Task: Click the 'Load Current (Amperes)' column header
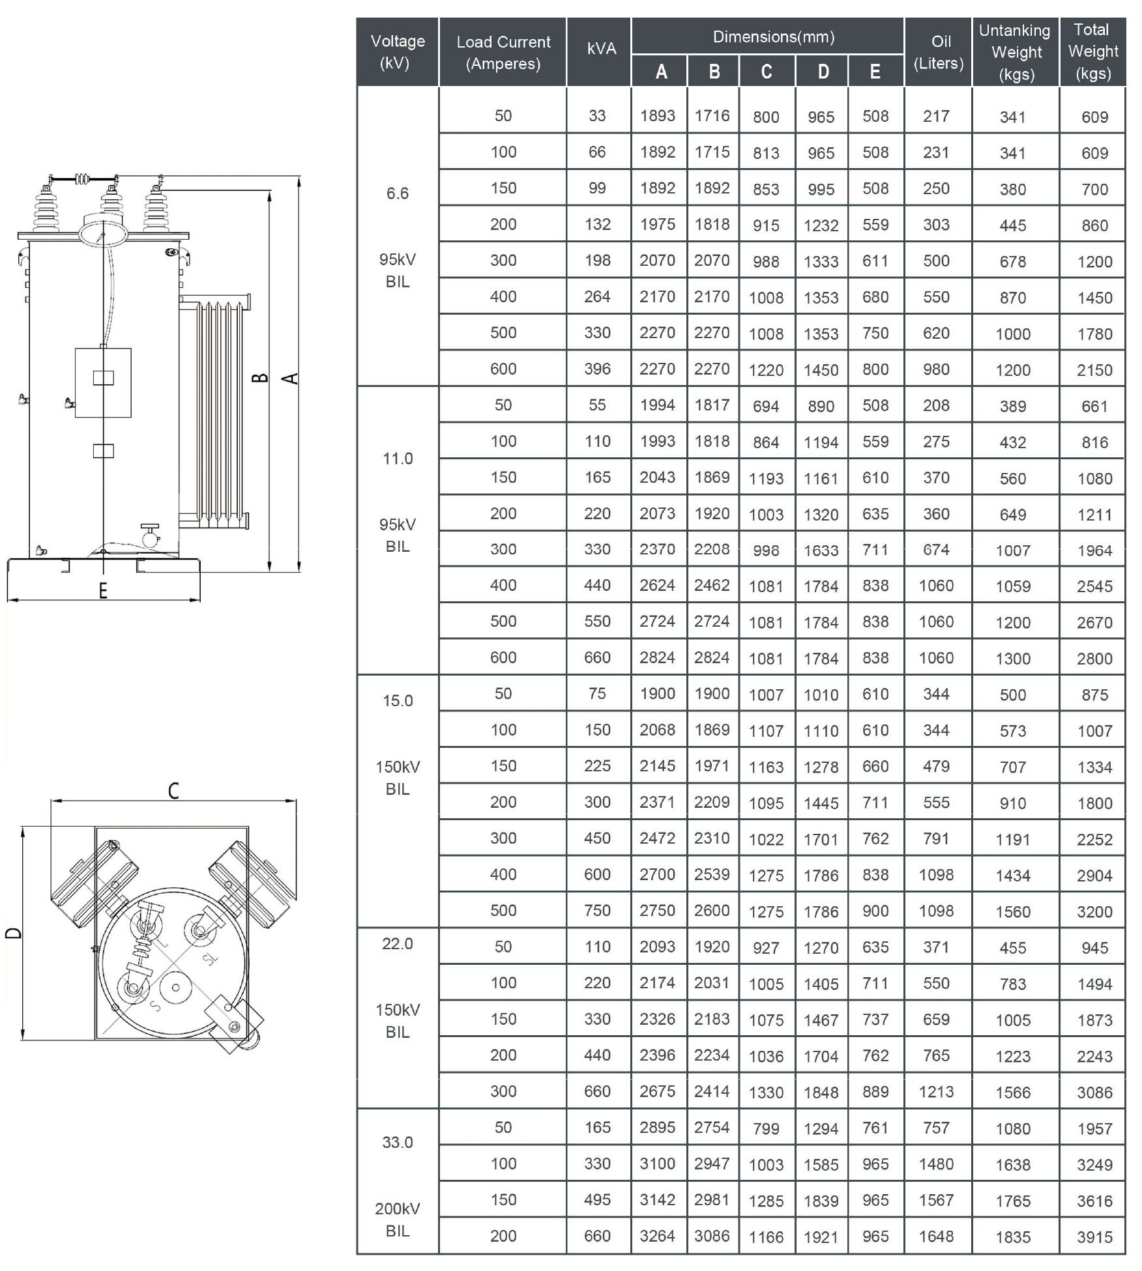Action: click(503, 52)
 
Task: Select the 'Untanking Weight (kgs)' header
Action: click(1014, 52)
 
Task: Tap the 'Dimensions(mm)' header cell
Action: click(773, 36)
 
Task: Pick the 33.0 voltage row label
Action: click(397, 1142)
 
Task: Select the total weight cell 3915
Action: click(1094, 1236)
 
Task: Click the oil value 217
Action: click(935, 117)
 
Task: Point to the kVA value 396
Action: click(597, 369)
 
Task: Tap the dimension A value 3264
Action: click(657, 1236)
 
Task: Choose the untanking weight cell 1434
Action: click(1012, 876)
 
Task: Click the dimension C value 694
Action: click(765, 406)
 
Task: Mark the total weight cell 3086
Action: click(1094, 1092)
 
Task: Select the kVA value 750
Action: click(597, 910)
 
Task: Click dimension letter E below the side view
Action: click(102, 591)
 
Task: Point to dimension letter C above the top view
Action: click(173, 790)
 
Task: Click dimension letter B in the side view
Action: click(259, 378)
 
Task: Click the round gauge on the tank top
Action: click(103, 232)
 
